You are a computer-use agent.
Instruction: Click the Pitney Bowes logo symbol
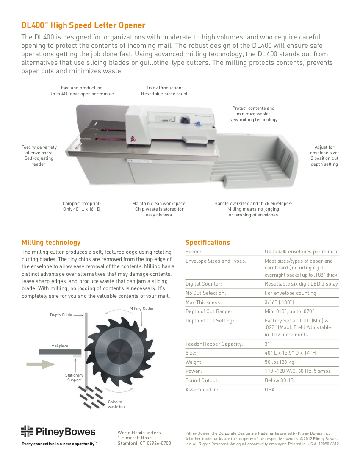point(27,432)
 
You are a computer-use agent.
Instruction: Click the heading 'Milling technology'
point(51,243)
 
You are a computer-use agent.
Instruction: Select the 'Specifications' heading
point(208,243)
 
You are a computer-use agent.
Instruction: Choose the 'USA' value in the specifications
point(269,390)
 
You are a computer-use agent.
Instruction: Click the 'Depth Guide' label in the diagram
point(61,315)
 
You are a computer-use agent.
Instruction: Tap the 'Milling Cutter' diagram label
point(141,308)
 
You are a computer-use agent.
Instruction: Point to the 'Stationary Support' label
point(74,377)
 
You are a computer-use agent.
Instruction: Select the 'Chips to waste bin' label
point(115,404)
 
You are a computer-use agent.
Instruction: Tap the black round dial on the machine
point(185,120)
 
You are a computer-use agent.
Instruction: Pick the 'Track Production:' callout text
point(164,88)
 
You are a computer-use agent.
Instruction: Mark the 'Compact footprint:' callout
point(82,204)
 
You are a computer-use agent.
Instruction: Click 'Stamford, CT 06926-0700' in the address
point(144,443)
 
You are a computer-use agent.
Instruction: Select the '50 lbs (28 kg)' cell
point(280,362)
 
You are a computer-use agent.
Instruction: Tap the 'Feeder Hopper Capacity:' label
point(214,344)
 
